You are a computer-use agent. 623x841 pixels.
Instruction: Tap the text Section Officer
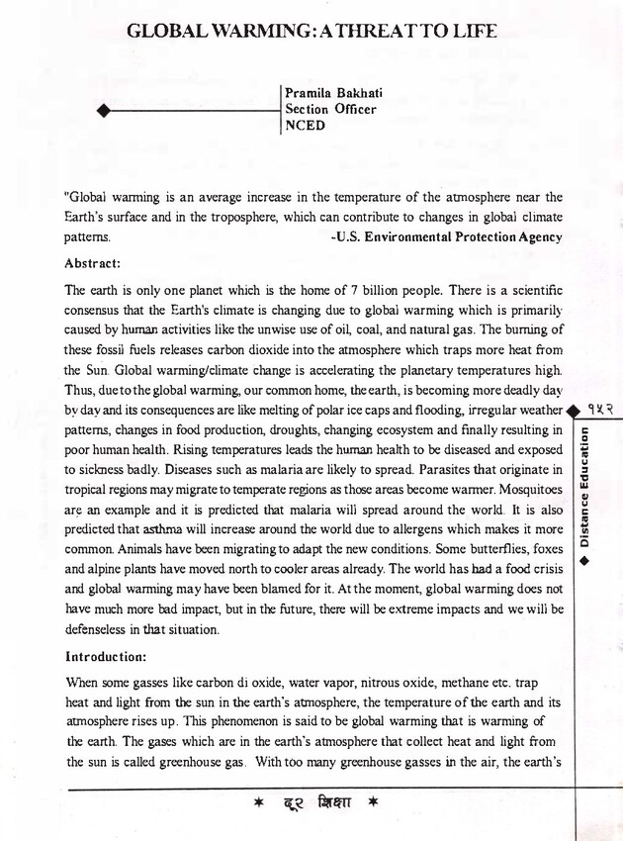pyautogui.click(x=330, y=110)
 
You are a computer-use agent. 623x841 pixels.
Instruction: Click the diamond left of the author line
pyautogui.click(x=102, y=111)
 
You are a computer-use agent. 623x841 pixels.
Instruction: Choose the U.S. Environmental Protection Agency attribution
pyautogui.click(x=446, y=237)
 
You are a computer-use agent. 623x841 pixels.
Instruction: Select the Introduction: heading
pyautogui.click(x=106, y=656)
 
